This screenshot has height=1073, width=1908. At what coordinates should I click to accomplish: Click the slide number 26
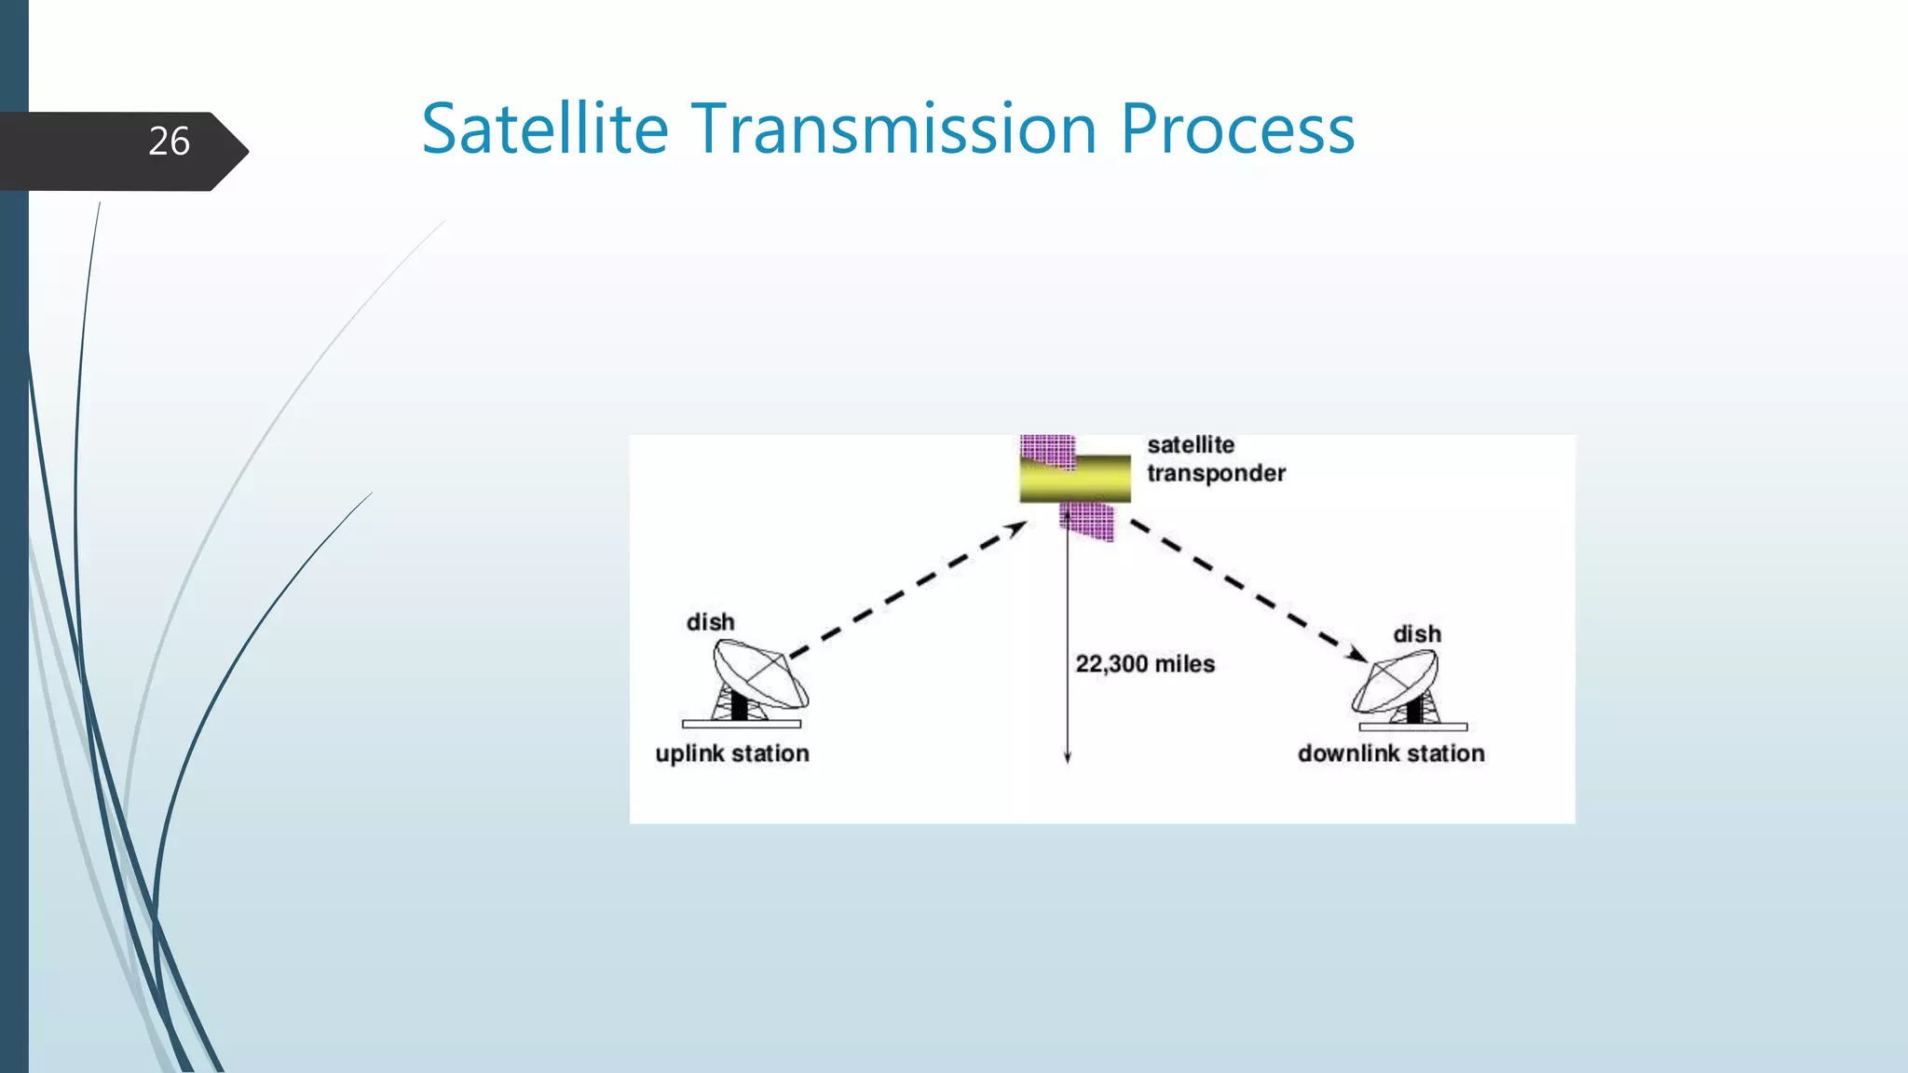(x=169, y=142)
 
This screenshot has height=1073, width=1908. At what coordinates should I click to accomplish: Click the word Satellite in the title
(x=545, y=129)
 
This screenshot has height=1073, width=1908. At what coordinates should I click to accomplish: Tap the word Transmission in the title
(x=893, y=129)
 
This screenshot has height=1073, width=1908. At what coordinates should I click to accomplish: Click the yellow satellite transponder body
(x=1075, y=480)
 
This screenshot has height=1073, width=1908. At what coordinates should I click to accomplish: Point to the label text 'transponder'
(x=1216, y=473)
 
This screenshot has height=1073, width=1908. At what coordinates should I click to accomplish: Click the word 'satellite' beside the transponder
(x=1190, y=444)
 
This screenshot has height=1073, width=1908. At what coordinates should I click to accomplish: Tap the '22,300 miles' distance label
(x=1145, y=664)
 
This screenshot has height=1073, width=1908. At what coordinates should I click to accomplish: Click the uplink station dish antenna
(x=759, y=675)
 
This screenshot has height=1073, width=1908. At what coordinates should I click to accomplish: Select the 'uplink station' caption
(x=731, y=754)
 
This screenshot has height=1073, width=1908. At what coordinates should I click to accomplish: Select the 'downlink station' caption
(x=1390, y=754)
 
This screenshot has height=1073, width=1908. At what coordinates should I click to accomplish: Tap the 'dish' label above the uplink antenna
(x=710, y=622)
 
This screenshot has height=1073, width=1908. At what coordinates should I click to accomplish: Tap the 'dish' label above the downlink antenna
(x=1416, y=634)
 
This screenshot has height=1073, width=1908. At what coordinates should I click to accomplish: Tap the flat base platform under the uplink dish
(x=741, y=724)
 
